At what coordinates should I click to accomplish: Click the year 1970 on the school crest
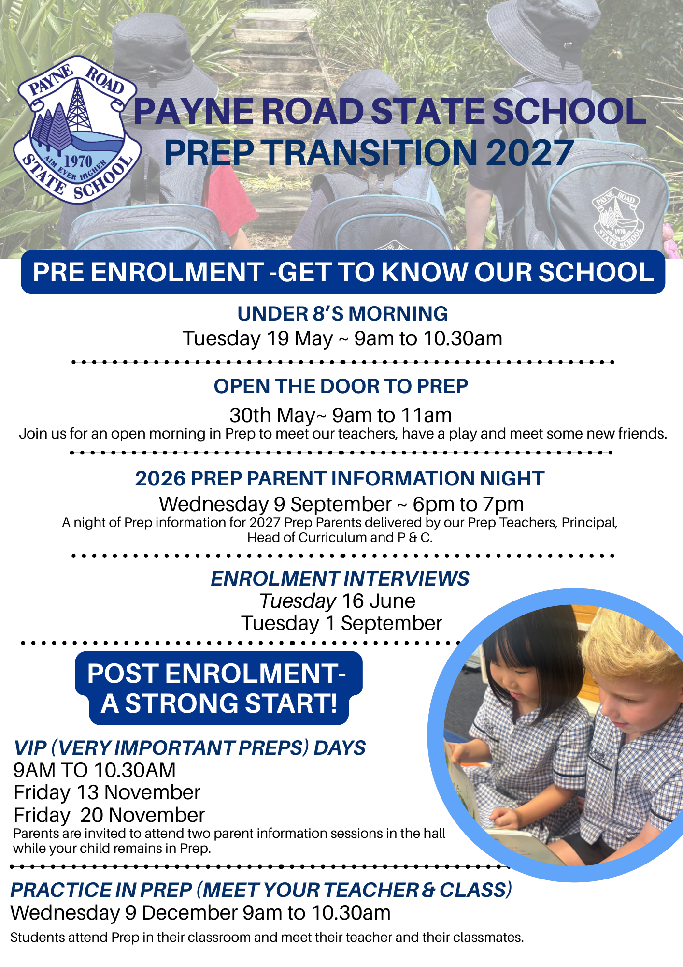78,161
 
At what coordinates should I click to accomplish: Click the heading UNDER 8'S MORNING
342,314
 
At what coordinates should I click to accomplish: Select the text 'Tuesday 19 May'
257,338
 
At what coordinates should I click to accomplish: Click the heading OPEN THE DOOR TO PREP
341,386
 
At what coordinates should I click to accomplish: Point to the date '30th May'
272,415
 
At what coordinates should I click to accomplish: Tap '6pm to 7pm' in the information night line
468,504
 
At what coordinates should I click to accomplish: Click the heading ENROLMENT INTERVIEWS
340,579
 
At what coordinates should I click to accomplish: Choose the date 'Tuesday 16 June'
338,601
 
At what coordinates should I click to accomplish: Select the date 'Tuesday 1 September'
341,623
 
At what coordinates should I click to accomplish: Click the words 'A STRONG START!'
219,703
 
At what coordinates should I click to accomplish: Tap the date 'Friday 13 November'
107,792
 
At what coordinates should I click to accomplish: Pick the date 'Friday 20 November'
109,815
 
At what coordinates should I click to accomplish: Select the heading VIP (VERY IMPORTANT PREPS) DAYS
189,748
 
